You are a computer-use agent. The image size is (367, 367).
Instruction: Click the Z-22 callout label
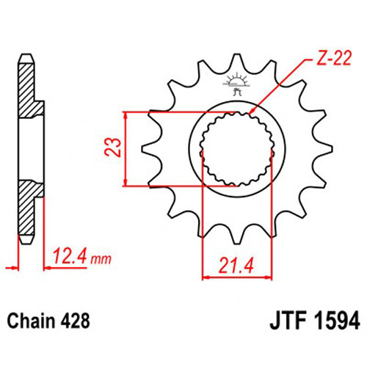334,58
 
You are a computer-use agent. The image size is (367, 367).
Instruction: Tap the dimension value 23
113,147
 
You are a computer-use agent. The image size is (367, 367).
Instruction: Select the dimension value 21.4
236,266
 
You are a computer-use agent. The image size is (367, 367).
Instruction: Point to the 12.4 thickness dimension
70,256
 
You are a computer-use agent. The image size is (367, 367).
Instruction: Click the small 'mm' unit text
101,259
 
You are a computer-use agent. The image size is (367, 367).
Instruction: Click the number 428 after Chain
75,321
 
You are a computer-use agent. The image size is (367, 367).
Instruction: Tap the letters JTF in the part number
288,321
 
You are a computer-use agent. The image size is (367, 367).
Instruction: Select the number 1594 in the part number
337,321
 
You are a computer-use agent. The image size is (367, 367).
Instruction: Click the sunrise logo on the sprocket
236,84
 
